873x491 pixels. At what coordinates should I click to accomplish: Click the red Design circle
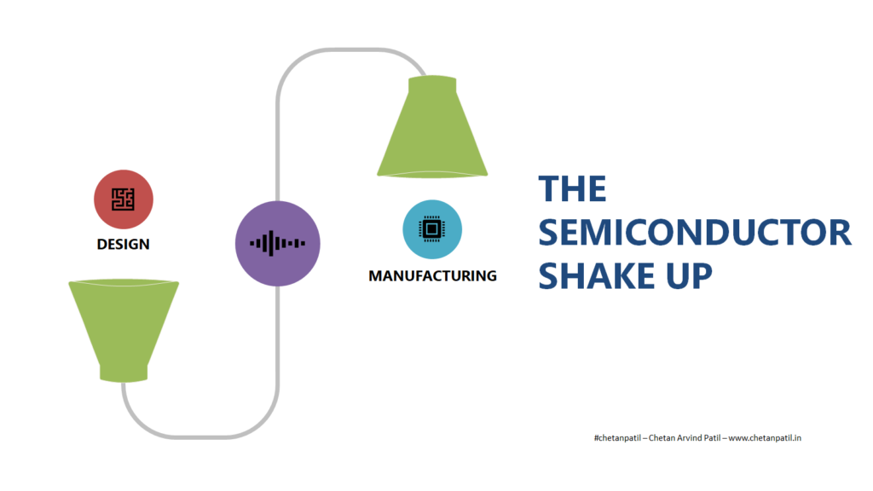tap(124, 199)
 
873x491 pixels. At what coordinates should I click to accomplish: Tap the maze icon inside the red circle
tap(123, 199)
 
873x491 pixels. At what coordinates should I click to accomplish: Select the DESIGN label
tap(123, 244)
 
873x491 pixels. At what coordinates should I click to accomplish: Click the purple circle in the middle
tap(278, 243)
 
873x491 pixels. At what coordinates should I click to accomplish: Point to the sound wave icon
tap(277, 243)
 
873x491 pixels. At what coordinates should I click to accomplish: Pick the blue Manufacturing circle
tap(432, 229)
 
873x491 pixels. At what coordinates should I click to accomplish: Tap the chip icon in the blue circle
tap(431, 228)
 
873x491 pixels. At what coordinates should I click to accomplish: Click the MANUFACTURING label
tap(432, 275)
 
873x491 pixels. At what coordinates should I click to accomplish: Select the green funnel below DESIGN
tap(124, 331)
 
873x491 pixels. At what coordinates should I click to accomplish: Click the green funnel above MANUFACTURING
tap(432, 127)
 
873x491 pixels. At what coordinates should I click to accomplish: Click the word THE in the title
tap(572, 188)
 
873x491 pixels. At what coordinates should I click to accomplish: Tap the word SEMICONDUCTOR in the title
tap(695, 232)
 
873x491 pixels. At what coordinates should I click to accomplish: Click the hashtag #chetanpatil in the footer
tap(617, 438)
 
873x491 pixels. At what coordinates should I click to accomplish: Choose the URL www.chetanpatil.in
tap(765, 438)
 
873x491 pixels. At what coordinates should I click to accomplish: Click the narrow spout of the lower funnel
tap(124, 373)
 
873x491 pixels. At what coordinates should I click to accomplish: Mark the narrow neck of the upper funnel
tap(432, 84)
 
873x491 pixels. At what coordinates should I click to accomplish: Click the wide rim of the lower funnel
tap(124, 283)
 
